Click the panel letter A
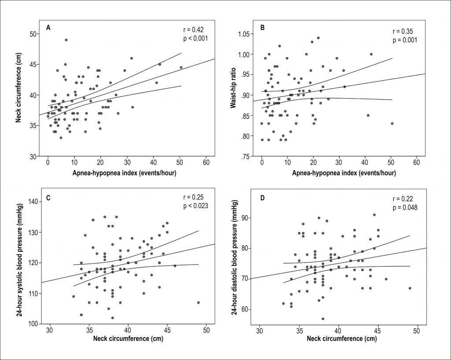(48, 28)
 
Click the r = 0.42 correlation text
(193, 30)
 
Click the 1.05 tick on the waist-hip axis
(245, 34)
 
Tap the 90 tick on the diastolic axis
(250, 218)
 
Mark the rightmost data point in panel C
(199, 302)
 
